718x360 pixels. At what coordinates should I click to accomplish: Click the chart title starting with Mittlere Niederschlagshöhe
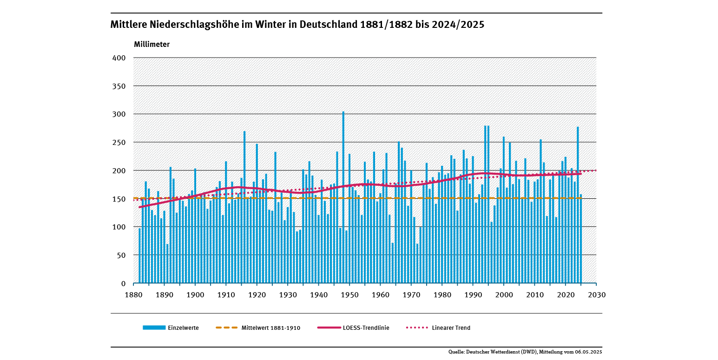297,25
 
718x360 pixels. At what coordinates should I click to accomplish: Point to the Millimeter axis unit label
152,45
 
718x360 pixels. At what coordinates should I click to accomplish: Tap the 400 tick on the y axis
119,58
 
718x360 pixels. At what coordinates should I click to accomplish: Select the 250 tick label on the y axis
119,143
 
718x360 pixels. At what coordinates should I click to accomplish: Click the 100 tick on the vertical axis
119,227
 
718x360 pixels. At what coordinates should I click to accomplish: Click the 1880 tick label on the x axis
133,295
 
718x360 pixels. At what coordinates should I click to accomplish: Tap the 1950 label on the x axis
349,295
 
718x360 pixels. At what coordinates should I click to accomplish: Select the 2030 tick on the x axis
596,295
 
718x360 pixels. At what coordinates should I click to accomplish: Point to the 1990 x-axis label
473,295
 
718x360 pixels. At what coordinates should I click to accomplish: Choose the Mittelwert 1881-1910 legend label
270,328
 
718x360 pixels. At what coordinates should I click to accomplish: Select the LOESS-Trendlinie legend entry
366,328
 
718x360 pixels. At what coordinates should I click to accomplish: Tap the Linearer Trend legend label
451,328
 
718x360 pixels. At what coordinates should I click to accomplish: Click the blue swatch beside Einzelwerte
154,327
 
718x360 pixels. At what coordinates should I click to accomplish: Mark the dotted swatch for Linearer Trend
416,327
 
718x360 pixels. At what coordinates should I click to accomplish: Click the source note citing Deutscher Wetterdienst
525,352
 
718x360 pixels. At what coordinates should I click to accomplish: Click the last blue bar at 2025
581,239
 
